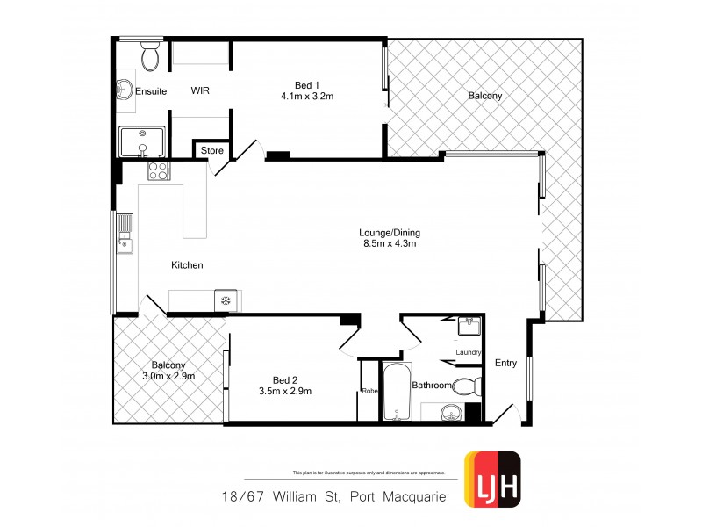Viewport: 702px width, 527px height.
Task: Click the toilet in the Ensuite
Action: (150, 57)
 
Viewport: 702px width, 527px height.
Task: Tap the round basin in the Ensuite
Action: (124, 90)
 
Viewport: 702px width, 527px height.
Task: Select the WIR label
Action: (200, 91)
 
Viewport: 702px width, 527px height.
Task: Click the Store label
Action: (212, 151)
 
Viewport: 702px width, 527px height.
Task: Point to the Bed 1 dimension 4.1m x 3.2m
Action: (307, 97)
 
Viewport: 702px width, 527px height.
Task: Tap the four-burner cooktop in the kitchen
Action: (158, 170)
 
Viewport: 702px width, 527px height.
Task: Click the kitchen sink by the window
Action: (125, 232)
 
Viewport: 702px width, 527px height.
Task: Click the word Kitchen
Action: (188, 265)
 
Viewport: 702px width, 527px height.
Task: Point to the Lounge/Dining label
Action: (390, 233)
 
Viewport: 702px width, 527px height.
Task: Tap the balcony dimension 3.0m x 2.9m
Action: (168, 376)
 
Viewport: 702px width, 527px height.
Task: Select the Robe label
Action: (369, 392)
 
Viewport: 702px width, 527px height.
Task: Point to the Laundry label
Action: (469, 353)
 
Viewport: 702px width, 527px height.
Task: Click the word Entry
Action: (505, 363)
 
